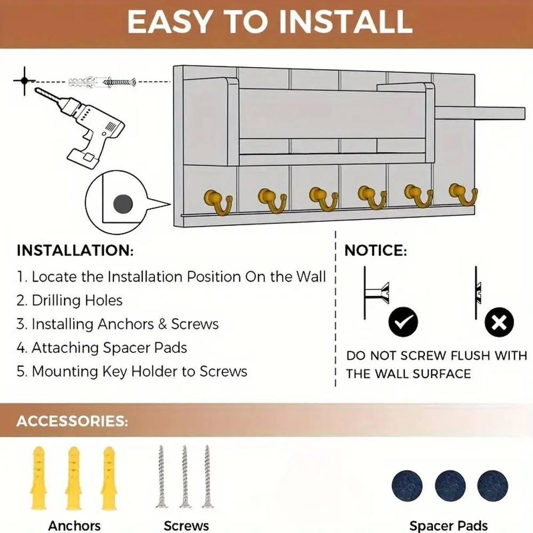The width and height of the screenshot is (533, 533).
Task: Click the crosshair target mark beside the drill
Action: (24, 82)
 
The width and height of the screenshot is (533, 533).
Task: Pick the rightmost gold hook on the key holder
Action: (462, 196)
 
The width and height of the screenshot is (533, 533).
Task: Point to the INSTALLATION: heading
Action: (75, 251)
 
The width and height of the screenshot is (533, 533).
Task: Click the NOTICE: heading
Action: (376, 251)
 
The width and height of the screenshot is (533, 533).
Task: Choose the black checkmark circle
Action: (403, 322)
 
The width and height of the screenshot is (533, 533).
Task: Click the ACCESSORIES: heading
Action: (72, 421)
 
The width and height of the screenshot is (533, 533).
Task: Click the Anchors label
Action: (74, 526)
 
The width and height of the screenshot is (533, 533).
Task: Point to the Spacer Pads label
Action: (448, 526)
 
